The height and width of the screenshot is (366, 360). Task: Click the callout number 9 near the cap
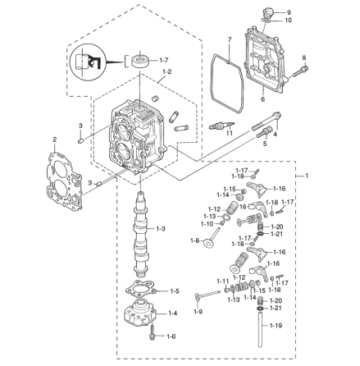pyautogui.click(x=289, y=12)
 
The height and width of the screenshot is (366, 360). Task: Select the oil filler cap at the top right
pyautogui.click(x=267, y=13)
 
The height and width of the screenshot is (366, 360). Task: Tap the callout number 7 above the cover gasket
pyautogui.click(x=229, y=40)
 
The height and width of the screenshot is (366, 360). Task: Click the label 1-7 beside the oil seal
pyautogui.click(x=164, y=60)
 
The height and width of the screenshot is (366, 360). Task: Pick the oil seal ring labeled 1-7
pyautogui.click(x=140, y=61)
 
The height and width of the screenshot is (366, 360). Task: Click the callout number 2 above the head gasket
pyautogui.click(x=55, y=140)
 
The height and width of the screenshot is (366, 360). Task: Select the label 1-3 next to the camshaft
pyautogui.click(x=161, y=228)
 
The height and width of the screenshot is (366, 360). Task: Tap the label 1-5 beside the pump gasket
pyautogui.click(x=175, y=291)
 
